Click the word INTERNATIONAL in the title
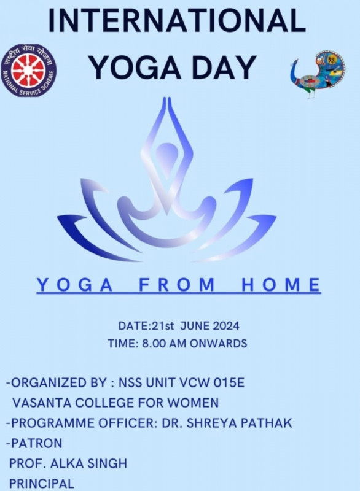click(177, 20)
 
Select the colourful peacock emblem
click(317, 74)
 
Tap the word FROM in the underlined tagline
click(177, 285)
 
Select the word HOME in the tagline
click(281, 285)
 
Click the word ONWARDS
click(218, 344)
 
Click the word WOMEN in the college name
click(193, 403)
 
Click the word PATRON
click(36, 443)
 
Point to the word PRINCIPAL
click(42, 484)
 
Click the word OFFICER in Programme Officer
click(128, 423)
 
